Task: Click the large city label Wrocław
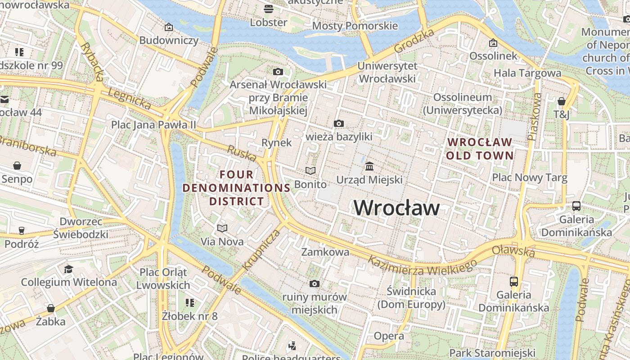point(396,207)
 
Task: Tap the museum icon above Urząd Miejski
point(369,166)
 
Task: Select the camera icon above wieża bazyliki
point(339,123)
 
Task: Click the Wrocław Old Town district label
point(480,149)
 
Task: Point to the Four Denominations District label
point(236,188)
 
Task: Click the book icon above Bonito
point(310,171)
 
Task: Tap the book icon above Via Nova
point(222,228)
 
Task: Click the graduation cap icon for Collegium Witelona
point(68,269)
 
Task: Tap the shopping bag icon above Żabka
point(51,308)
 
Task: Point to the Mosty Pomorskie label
point(355,26)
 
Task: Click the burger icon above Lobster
point(269,9)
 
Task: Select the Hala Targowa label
point(527,73)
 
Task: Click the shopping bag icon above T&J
point(562,101)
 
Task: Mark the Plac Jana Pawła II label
point(154,125)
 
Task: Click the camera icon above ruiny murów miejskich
point(315,283)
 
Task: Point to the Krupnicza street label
point(261,249)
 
